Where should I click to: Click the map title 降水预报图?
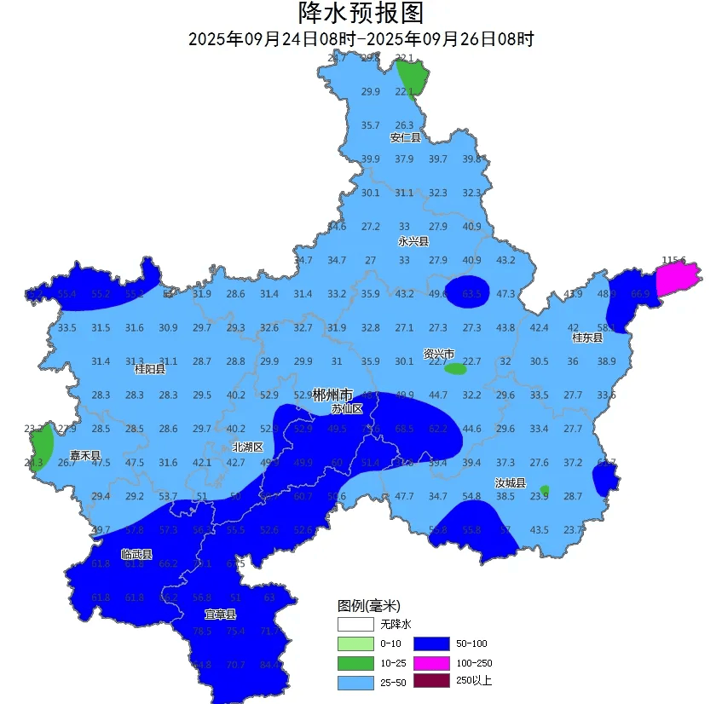(x=361, y=14)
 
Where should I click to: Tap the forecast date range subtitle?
(x=361, y=39)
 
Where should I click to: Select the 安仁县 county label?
(x=406, y=138)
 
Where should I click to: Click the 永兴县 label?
(x=413, y=241)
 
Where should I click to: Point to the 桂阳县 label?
(x=150, y=369)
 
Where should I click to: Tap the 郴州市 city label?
(x=332, y=395)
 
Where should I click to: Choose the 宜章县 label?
(x=220, y=614)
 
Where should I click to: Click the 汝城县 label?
(x=511, y=483)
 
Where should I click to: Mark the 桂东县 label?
(x=587, y=338)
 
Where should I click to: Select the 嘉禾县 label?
(x=85, y=456)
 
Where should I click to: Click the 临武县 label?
(x=136, y=555)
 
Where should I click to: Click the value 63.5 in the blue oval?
(x=471, y=294)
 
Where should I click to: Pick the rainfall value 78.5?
(x=202, y=632)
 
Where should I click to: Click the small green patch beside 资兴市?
(x=456, y=369)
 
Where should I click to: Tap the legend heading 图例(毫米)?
(x=368, y=606)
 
